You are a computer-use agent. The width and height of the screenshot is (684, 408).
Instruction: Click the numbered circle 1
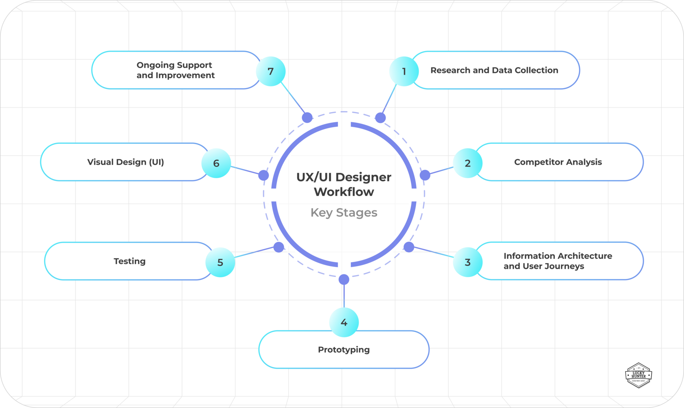pyautogui.click(x=404, y=71)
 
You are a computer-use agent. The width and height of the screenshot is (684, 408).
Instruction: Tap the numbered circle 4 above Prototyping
pyautogui.click(x=344, y=322)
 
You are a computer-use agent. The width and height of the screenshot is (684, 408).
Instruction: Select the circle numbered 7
pyautogui.click(x=271, y=71)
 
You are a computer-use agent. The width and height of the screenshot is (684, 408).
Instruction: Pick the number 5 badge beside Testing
pyautogui.click(x=220, y=262)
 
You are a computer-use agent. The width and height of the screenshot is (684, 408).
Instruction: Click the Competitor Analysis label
pyautogui.click(x=558, y=162)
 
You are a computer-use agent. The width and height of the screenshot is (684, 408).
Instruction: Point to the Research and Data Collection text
pyautogui.click(x=494, y=70)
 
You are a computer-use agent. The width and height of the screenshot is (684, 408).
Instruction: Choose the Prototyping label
pyautogui.click(x=344, y=350)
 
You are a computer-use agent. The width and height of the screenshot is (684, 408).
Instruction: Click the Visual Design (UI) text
pyautogui.click(x=125, y=162)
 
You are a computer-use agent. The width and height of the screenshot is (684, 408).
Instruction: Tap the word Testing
pyautogui.click(x=129, y=261)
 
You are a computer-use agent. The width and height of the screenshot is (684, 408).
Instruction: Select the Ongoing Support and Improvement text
pyautogui.click(x=175, y=70)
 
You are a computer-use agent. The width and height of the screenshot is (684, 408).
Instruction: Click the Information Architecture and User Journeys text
pyautogui.click(x=557, y=261)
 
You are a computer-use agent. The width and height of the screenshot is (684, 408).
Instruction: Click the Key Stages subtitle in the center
pyautogui.click(x=344, y=213)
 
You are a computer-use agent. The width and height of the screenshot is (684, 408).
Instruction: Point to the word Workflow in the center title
pyautogui.click(x=344, y=192)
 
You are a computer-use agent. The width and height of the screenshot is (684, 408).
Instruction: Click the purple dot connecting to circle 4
pyautogui.click(x=344, y=279)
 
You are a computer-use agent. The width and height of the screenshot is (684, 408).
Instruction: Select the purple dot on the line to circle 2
pyautogui.click(x=425, y=175)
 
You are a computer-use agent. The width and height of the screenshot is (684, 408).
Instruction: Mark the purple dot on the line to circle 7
pyautogui.click(x=307, y=118)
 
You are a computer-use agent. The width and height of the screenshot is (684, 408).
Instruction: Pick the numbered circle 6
pyautogui.click(x=216, y=163)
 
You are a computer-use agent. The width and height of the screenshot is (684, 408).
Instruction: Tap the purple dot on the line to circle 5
pyautogui.click(x=278, y=247)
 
